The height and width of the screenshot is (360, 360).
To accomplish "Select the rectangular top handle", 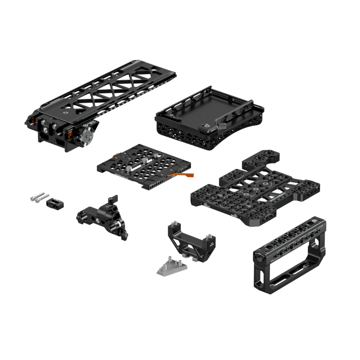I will click(285, 254).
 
